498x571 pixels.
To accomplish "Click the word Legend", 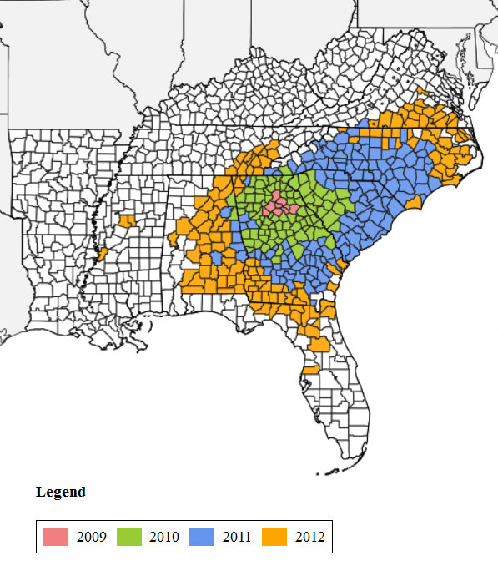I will [60, 492].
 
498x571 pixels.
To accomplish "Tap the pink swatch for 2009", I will [56, 537].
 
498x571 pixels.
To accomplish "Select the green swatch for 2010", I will [129, 537].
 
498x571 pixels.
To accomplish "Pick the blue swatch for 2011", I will [203, 537].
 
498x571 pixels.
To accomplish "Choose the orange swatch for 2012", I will [275, 537].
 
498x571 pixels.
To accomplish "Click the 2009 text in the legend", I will [91, 537].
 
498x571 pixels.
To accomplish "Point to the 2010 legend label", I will [164, 537].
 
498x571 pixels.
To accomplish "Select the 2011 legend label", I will [237, 537].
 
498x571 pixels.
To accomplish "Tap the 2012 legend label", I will [309, 537].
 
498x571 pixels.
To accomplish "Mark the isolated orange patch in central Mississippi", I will [128, 220].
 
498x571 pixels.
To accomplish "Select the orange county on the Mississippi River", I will [102, 252].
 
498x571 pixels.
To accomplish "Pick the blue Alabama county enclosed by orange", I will [216, 259].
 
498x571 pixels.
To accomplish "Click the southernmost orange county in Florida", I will [310, 369].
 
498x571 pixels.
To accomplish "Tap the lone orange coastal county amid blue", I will [411, 203].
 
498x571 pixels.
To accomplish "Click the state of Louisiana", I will [50, 284].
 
